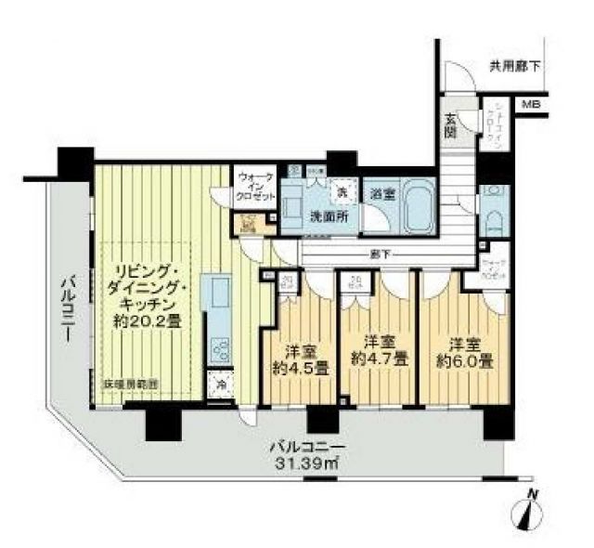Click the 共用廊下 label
click(516, 68)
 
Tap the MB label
click(530, 104)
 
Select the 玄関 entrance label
click(450, 123)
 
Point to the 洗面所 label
click(327, 216)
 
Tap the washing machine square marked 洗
click(341, 190)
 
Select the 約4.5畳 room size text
click(299, 367)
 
